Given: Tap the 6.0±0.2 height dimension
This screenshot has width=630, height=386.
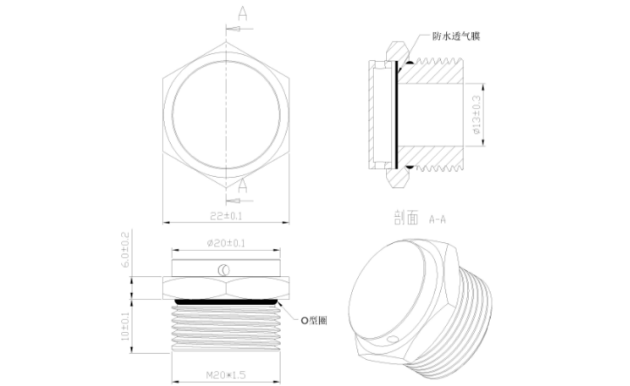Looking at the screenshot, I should (125, 250).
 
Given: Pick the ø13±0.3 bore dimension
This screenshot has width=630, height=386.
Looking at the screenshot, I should (477, 112).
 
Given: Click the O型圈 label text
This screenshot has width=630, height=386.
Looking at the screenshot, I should (315, 321).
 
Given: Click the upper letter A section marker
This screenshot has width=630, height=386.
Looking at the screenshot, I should (242, 13).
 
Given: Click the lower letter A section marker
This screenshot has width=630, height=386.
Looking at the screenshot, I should (242, 185).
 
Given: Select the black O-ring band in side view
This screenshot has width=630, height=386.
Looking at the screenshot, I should (226, 301).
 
